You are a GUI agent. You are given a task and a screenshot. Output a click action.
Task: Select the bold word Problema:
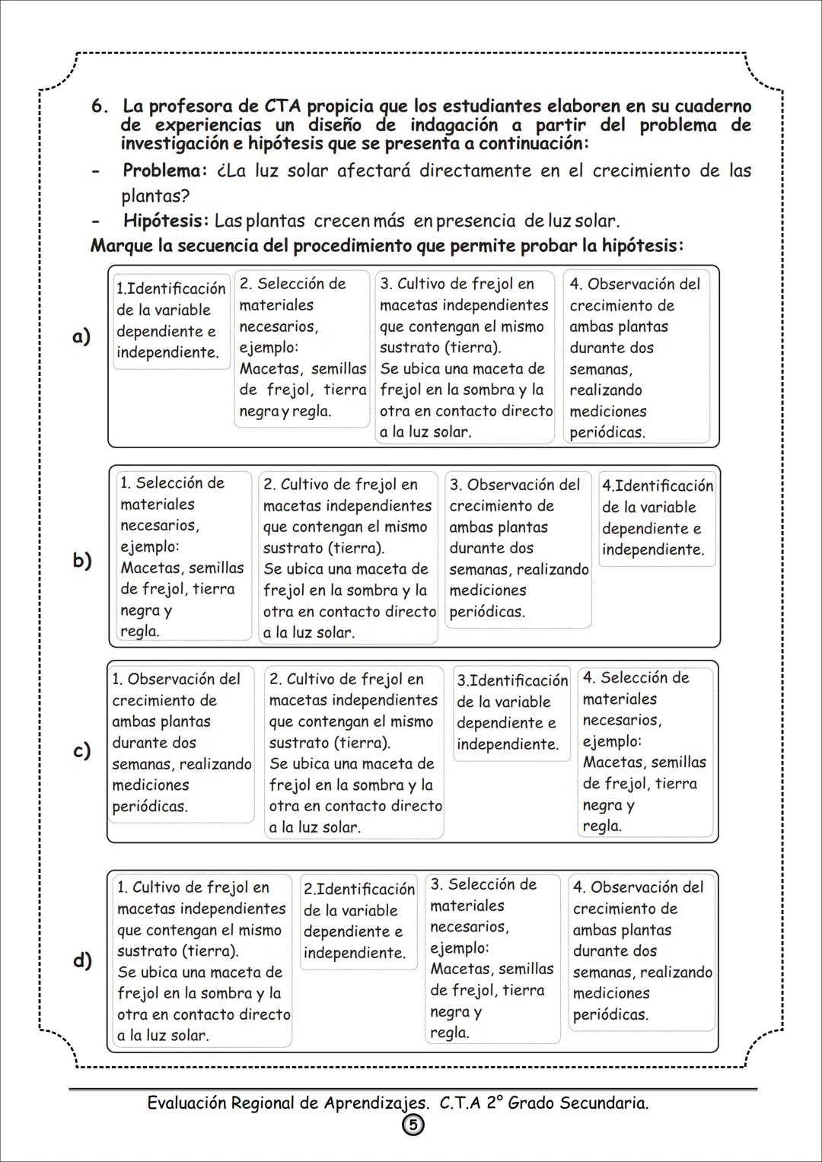pos(164,170)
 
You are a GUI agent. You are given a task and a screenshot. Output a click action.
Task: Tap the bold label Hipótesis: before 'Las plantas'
pos(165,221)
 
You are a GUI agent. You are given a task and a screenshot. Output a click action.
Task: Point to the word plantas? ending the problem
pos(155,196)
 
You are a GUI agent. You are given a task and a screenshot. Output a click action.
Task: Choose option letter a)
pos(81,336)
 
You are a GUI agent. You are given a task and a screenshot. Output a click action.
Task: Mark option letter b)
pos(82,561)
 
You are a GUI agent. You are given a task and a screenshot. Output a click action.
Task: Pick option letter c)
pos(81,751)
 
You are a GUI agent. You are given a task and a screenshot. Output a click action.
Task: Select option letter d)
pos(82,960)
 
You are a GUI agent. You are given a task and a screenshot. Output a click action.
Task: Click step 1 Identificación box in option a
pos(171,321)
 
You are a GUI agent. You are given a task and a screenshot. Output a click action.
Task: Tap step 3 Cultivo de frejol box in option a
pos(466,357)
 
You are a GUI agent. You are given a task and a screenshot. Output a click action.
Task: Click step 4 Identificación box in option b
pos(657,518)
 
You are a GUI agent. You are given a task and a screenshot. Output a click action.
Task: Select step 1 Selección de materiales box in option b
pos(183,556)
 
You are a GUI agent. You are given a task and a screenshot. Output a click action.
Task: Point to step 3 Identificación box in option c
pos(511,712)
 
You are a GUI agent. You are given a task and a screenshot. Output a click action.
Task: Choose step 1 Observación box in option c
pos(181,743)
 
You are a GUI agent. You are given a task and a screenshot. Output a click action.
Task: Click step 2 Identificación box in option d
pos(358,921)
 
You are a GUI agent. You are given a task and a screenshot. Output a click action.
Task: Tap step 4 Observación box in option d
pos(642,950)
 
